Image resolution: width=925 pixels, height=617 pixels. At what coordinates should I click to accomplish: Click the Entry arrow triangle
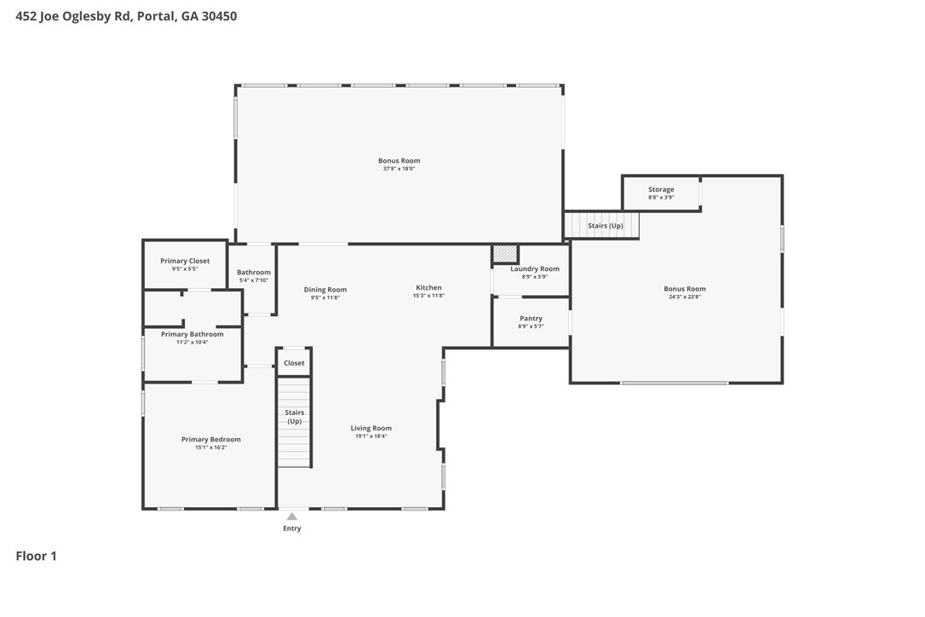(x=292, y=516)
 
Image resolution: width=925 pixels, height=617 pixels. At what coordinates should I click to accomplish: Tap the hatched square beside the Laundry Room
(x=505, y=254)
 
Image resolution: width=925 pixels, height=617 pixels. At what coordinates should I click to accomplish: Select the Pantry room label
(x=531, y=318)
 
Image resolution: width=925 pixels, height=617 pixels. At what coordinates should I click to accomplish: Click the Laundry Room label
(x=534, y=268)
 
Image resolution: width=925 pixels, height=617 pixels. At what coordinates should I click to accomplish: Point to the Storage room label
(x=661, y=189)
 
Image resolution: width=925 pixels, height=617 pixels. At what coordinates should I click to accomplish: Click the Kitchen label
(x=429, y=287)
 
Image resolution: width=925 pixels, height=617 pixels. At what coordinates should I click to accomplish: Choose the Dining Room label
(x=325, y=289)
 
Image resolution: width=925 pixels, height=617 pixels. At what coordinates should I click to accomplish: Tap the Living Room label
(x=371, y=428)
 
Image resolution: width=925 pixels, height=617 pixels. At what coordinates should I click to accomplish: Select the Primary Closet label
(x=185, y=261)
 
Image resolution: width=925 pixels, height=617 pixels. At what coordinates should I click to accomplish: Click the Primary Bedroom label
(x=210, y=439)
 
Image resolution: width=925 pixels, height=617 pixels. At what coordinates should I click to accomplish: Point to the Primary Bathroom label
(x=192, y=334)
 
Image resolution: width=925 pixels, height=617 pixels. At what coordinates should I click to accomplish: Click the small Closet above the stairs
(x=294, y=362)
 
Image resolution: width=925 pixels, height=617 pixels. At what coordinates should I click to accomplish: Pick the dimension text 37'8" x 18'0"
(x=399, y=169)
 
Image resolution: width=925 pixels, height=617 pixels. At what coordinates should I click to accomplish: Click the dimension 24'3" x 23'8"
(x=684, y=297)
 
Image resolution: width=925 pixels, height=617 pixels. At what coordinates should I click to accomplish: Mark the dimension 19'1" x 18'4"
(x=371, y=436)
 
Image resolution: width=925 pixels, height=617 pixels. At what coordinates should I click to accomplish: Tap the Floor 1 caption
(x=36, y=556)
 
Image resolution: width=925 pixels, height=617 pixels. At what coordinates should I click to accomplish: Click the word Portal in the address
(x=157, y=16)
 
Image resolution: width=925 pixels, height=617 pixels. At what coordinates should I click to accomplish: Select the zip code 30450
(x=219, y=16)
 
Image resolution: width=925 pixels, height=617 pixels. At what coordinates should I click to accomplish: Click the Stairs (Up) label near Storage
(x=606, y=226)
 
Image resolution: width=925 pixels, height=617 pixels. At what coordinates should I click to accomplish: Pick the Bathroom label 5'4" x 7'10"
(x=254, y=276)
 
